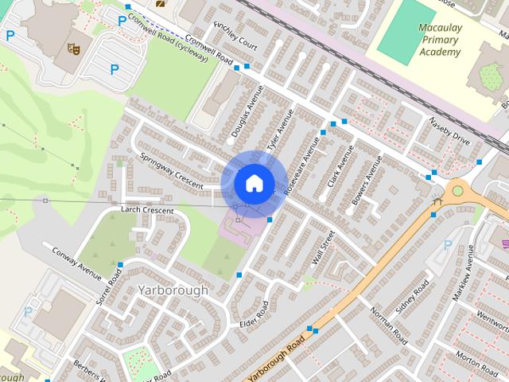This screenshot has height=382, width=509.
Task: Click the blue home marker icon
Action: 254,182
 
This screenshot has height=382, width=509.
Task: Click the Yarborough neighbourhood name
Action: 172,290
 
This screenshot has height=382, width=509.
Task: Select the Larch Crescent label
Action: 146,210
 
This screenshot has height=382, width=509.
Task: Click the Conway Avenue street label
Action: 76,263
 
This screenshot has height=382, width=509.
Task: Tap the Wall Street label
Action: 324,248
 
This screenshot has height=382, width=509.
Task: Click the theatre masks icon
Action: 75,49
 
